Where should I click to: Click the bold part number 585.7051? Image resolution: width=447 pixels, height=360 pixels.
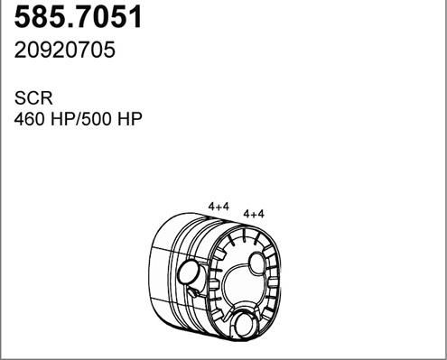tap(78, 17)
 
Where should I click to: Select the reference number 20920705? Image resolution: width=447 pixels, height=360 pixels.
tap(65, 50)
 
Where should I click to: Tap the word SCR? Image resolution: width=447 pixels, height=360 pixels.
tap(33, 98)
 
